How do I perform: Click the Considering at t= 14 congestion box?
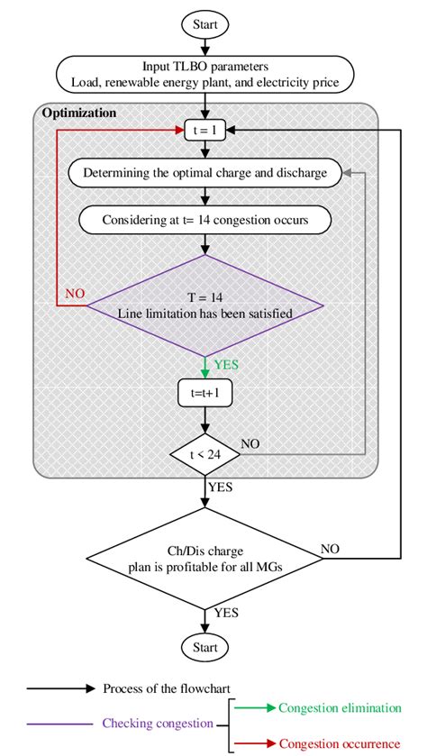pos(205,219)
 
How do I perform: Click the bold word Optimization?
pos(80,114)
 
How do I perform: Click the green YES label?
pos(227,365)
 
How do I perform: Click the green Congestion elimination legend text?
pos(339,707)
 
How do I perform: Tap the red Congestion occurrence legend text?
pos(339,742)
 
